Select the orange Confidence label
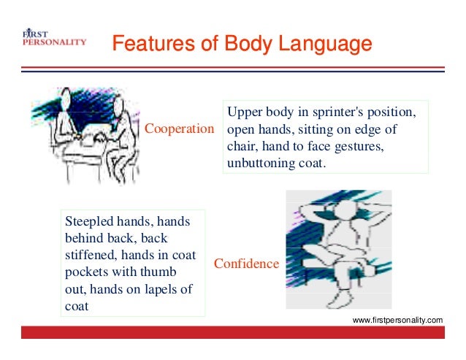pyautogui.click(x=246, y=263)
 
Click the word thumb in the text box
pyautogui.click(x=165, y=272)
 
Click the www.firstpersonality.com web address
pyautogui.click(x=397, y=321)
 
